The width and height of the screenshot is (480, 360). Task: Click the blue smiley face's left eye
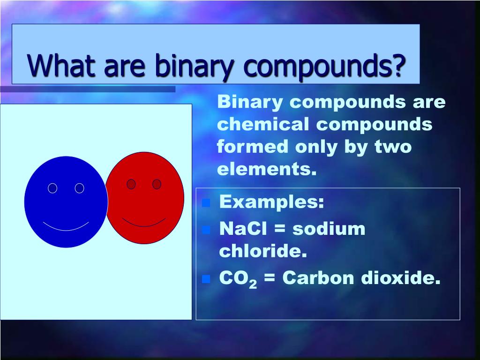pos(52,188)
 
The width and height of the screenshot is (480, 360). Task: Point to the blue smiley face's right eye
pos(80,188)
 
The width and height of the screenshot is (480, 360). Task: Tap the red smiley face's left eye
pos(131,184)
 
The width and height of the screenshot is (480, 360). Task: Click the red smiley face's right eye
pos(157,184)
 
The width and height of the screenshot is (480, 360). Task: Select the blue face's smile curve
pos(66,228)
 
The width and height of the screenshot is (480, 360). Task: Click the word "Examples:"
pos(271,202)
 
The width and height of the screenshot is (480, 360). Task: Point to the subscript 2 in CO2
pos(253,284)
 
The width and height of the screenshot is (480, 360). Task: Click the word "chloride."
pos(262,252)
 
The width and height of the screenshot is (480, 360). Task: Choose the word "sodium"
pos(329,229)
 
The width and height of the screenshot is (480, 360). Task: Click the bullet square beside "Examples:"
pos(205,203)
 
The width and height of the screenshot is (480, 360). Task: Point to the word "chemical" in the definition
pos(263,124)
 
